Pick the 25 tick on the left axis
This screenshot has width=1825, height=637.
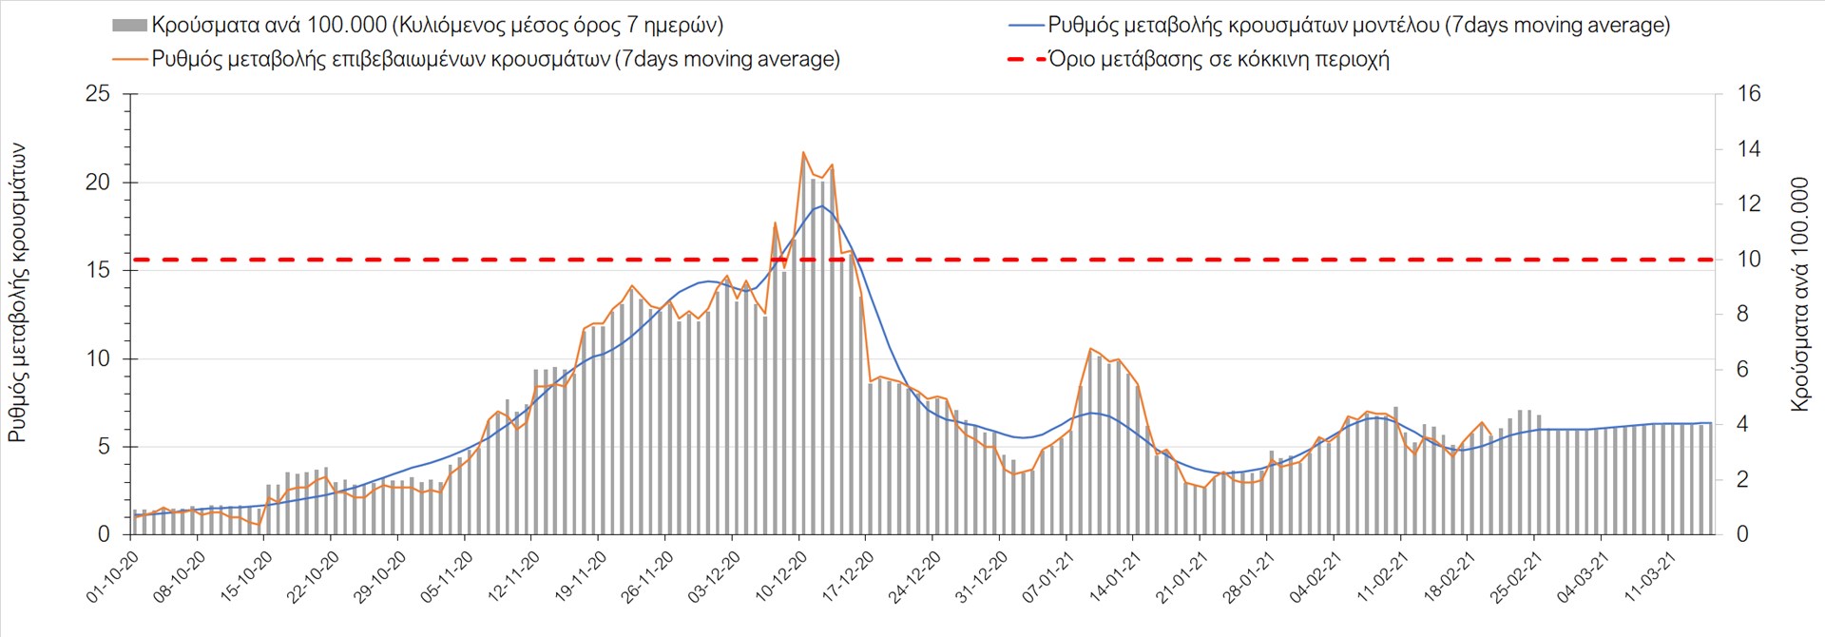click(98, 94)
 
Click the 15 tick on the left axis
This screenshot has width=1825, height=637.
click(98, 270)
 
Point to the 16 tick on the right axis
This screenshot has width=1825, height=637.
click(1749, 94)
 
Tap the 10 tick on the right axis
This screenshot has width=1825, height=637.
click(1749, 259)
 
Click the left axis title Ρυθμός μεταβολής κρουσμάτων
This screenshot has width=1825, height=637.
click(17, 293)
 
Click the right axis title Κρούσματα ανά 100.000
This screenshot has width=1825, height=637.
click(1799, 294)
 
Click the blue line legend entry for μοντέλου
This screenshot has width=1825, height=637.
click(1358, 26)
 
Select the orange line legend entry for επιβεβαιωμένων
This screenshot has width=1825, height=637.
click(495, 59)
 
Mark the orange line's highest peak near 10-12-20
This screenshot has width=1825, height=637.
click(803, 152)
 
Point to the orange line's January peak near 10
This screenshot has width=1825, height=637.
click(1090, 349)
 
